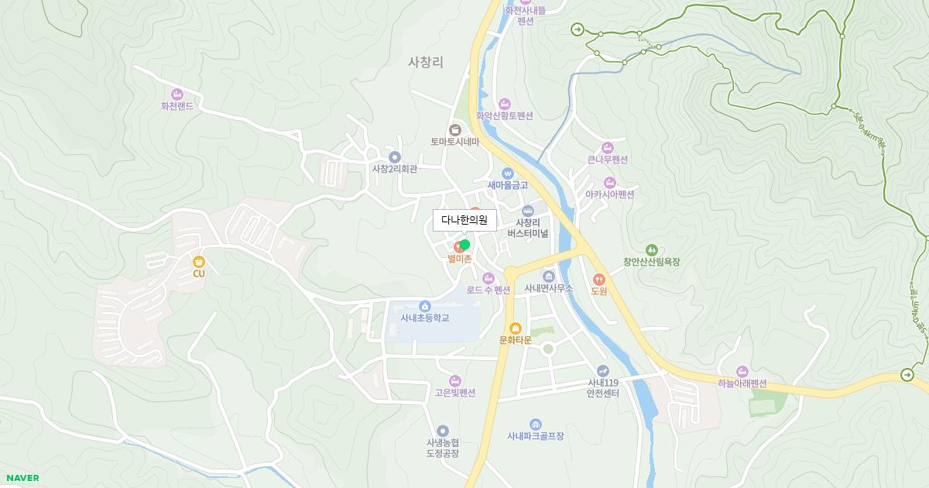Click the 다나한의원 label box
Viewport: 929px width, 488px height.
pos(464,220)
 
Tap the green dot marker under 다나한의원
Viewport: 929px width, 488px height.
pos(464,245)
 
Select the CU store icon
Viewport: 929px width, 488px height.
pos(199,262)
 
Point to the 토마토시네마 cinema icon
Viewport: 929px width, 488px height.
pos(455,129)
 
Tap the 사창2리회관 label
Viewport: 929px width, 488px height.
pos(394,169)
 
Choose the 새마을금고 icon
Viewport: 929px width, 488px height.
pos(508,173)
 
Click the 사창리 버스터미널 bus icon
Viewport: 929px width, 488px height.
pos(528,211)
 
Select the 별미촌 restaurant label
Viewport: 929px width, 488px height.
pos(459,259)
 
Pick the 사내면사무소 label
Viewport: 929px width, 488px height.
pos(549,288)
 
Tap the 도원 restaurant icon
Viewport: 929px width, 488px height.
pos(598,279)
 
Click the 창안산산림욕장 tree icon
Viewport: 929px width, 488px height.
pos(651,250)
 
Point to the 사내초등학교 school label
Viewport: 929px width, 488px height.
pos(424,318)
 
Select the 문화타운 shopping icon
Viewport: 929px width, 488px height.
pos(516,328)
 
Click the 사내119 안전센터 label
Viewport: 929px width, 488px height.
pos(603,387)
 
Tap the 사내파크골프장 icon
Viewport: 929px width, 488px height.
pos(535,424)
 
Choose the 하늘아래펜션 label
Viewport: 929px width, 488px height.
pos(742,383)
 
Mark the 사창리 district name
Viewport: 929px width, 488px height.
pos(425,63)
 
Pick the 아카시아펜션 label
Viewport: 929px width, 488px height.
pos(610,194)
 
